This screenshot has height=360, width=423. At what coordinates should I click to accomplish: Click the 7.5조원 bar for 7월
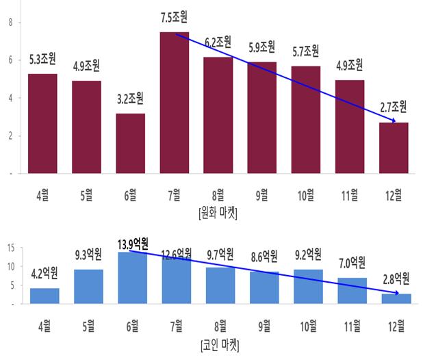pyautogui.click(x=174, y=103)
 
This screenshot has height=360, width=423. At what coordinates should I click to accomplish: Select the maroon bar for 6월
pyautogui.click(x=130, y=144)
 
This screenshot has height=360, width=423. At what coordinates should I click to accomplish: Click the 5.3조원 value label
pyautogui.click(x=44, y=62)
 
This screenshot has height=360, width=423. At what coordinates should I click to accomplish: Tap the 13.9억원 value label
pyautogui.click(x=129, y=244)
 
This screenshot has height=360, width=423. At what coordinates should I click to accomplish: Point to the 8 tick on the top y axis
pyautogui.click(x=10, y=22)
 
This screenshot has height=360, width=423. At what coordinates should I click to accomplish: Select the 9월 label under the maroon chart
pyautogui.click(x=261, y=194)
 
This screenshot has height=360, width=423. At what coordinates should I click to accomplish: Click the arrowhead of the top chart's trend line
pyautogui.click(x=394, y=120)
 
